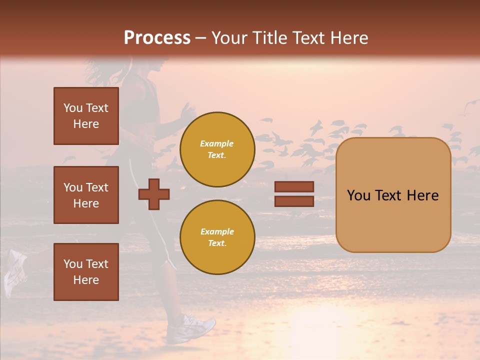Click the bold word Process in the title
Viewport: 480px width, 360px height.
pyautogui.click(x=157, y=37)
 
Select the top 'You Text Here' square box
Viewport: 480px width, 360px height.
pyautogui.click(x=86, y=116)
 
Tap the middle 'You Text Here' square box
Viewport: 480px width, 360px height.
pyautogui.click(x=86, y=195)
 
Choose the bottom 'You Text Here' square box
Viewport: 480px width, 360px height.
pyautogui.click(x=86, y=271)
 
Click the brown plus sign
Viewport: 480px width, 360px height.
pyautogui.click(x=154, y=194)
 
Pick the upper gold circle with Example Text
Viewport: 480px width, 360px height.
pyautogui.click(x=217, y=149)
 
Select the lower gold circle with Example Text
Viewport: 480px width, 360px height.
pyautogui.click(x=217, y=237)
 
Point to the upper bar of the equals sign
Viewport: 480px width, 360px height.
pyautogui.click(x=294, y=186)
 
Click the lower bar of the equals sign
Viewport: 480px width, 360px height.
pyautogui.click(x=294, y=201)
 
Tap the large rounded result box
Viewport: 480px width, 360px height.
pyautogui.click(x=393, y=195)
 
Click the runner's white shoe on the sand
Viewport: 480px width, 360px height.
pyautogui.click(x=190, y=328)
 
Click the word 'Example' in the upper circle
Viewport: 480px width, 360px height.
pyautogui.click(x=217, y=143)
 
